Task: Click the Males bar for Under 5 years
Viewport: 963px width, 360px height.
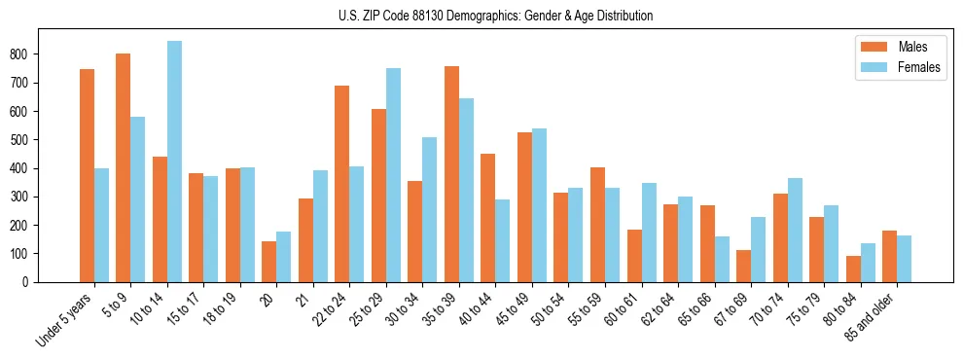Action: coord(87,175)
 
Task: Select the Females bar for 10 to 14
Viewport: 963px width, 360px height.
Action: coord(174,162)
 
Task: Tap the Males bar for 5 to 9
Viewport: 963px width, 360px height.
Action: coord(123,167)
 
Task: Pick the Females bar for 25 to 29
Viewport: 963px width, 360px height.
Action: coord(393,175)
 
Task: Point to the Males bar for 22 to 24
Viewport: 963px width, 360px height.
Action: coord(341,184)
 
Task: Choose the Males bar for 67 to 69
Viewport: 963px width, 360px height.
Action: coord(743,266)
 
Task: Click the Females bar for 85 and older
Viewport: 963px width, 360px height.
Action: coord(904,259)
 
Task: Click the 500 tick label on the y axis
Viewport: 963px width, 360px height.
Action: coord(26,140)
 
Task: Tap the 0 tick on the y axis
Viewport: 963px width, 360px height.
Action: coord(34,282)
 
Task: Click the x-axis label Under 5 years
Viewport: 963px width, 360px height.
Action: coord(65,320)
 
